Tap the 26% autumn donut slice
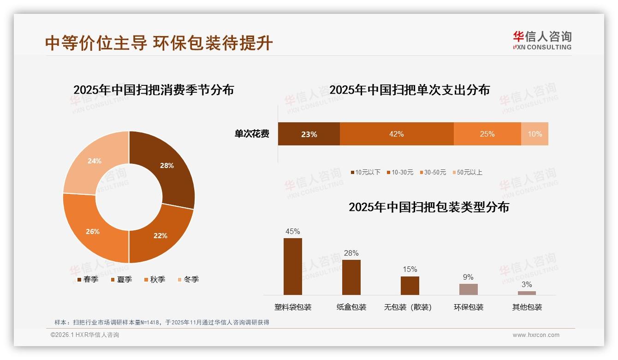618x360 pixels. [x=93, y=231]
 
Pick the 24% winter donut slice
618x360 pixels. [x=95, y=161]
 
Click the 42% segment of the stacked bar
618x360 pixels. [x=397, y=134]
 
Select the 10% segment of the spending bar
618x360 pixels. [x=535, y=134]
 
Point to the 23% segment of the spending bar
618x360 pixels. [x=309, y=134]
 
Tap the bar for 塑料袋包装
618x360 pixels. [x=293, y=266]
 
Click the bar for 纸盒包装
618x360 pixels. [x=351, y=277]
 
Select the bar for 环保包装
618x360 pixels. [x=468, y=289]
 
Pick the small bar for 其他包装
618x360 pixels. [x=527, y=293]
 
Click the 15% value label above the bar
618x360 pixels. [x=410, y=269]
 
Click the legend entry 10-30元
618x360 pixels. [x=402, y=172]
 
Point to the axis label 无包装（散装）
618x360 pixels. [x=408, y=307]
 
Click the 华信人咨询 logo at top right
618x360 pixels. [x=542, y=40]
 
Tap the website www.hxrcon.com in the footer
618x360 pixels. [x=536, y=335]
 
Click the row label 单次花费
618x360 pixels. [x=252, y=134]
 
